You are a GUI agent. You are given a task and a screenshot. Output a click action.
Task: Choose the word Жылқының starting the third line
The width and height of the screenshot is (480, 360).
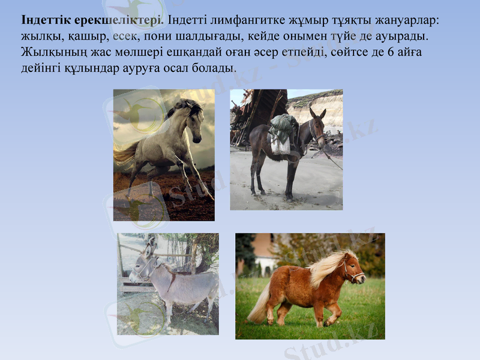50,52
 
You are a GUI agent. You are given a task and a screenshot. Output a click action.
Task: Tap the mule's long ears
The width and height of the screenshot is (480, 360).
317,112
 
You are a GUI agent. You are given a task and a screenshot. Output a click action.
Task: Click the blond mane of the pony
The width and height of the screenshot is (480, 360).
328,268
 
